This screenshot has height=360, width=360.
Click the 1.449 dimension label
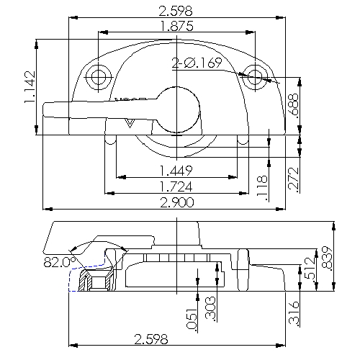pyautogui.click(x=177, y=171)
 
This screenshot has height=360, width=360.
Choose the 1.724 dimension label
pyautogui.click(x=177, y=186)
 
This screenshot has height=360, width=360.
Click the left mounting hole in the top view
pyautogui.click(x=98, y=76)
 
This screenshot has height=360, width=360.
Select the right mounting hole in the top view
pyautogui.click(x=254, y=76)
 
